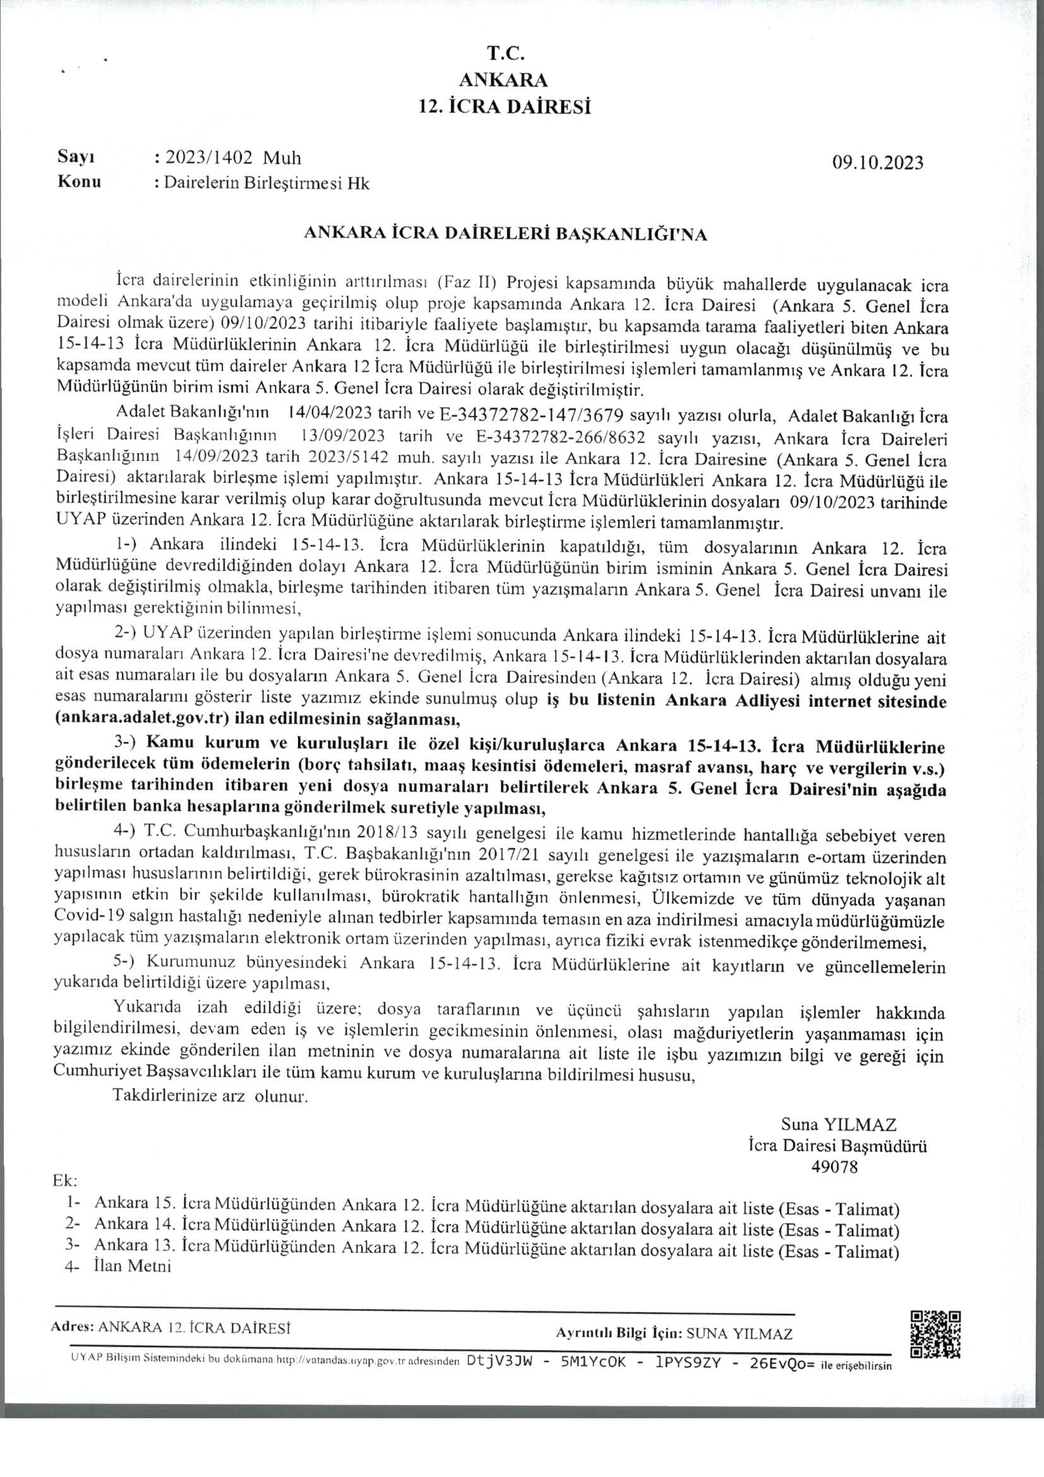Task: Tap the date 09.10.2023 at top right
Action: (877, 162)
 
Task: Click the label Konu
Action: (79, 182)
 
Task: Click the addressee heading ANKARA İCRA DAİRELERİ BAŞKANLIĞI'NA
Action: (505, 235)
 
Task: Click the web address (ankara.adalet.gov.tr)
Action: (143, 717)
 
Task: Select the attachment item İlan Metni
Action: (133, 1267)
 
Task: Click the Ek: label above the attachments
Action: (66, 1182)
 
